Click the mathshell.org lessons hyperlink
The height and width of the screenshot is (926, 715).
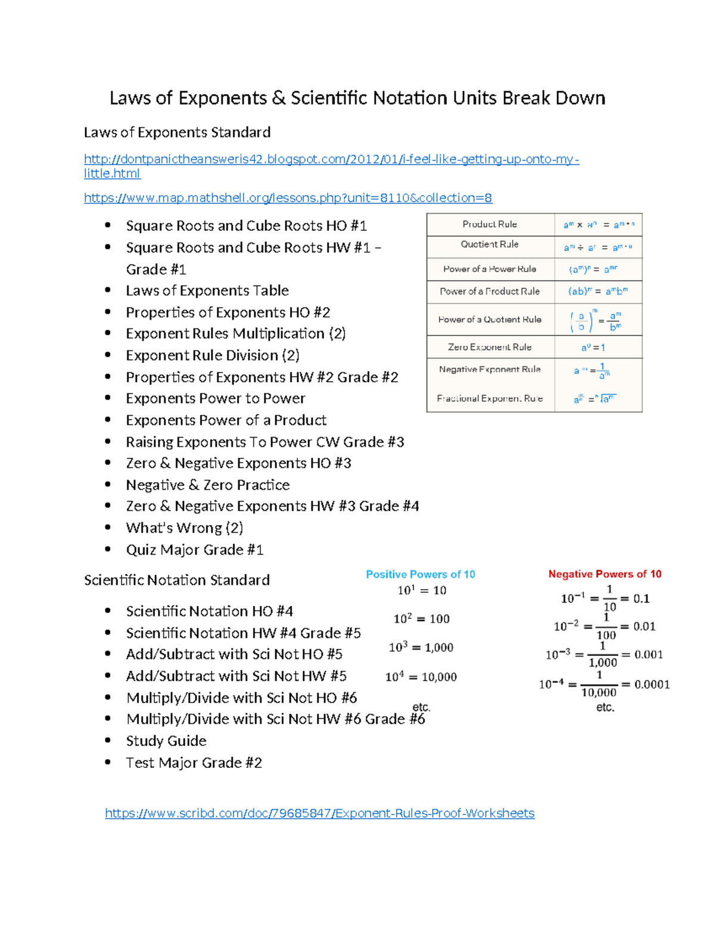tap(288, 198)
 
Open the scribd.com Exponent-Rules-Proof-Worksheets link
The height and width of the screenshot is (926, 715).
tap(319, 813)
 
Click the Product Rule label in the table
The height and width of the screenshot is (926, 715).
tap(490, 224)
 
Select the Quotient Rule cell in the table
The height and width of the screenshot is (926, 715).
tap(490, 244)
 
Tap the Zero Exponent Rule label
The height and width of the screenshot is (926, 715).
tap(490, 347)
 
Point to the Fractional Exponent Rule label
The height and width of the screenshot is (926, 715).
tap(490, 398)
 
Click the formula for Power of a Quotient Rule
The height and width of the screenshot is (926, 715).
tap(598, 320)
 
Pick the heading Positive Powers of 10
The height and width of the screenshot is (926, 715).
tap(420, 574)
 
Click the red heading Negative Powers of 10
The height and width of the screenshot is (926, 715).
tap(605, 574)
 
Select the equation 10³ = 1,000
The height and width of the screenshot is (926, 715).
tap(421, 648)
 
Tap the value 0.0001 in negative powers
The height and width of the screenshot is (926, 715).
tap(652, 685)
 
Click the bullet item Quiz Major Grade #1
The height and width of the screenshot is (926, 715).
tap(194, 550)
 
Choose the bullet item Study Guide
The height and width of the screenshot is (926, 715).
tap(166, 741)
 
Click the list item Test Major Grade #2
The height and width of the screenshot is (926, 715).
tap(194, 763)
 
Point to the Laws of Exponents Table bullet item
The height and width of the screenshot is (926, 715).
tap(207, 291)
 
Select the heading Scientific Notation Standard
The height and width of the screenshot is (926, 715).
tap(176, 580)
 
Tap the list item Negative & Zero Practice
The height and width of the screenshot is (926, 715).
tap(207, 485)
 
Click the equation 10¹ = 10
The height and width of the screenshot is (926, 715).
tap(421, 590)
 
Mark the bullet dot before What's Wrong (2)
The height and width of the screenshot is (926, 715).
tap(108, 528)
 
